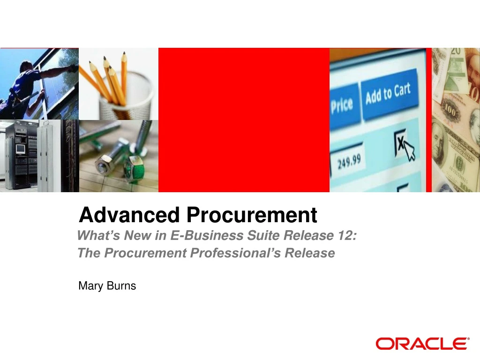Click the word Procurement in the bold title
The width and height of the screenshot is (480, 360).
click(x=252, y=215)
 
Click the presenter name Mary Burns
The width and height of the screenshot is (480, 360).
click(x=107, y=285)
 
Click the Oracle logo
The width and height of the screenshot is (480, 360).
click(x=422, y=344)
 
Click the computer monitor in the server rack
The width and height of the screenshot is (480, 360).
click(x=20, y=149)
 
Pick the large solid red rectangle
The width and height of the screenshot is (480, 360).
click(x=244, y=120)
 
